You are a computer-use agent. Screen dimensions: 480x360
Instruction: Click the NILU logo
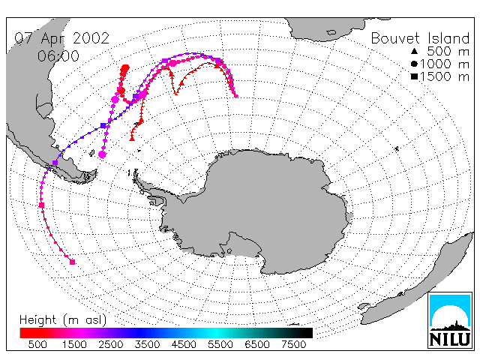coord(450,320)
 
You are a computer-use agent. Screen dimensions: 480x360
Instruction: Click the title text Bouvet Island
coord(420,38)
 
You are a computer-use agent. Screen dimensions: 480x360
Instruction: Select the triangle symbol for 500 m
coord(414,51)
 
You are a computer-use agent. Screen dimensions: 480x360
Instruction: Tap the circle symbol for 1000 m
coord(414,64)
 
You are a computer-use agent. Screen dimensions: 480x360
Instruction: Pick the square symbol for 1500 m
coord(414,76)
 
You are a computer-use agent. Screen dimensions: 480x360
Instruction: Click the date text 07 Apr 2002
coord(62,38)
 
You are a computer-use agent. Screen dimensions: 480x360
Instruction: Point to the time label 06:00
coord(58,56)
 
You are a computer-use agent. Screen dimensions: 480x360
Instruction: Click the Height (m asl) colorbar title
coord(63,320)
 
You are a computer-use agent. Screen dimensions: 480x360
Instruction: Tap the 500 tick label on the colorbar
coord(37,345)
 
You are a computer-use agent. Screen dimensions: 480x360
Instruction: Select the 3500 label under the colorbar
coord(147,345)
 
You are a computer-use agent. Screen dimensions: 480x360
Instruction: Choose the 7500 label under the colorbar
coord(293,345)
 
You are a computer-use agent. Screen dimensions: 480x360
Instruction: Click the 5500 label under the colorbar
coord(220,345)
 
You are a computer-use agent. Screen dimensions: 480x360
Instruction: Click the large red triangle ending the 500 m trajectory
coord(132,138)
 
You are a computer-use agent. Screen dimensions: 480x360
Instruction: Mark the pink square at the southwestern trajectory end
coord(73,262)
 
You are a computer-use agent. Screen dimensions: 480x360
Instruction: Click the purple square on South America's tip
coord(55,163)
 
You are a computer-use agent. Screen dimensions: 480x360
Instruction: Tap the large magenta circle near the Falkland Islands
coord(102,154)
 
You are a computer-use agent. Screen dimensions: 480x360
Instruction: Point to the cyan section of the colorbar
coord(214,333)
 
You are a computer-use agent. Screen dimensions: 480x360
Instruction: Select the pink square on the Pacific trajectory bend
coord(42,205)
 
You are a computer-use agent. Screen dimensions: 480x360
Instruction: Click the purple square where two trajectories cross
coord(103,125)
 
